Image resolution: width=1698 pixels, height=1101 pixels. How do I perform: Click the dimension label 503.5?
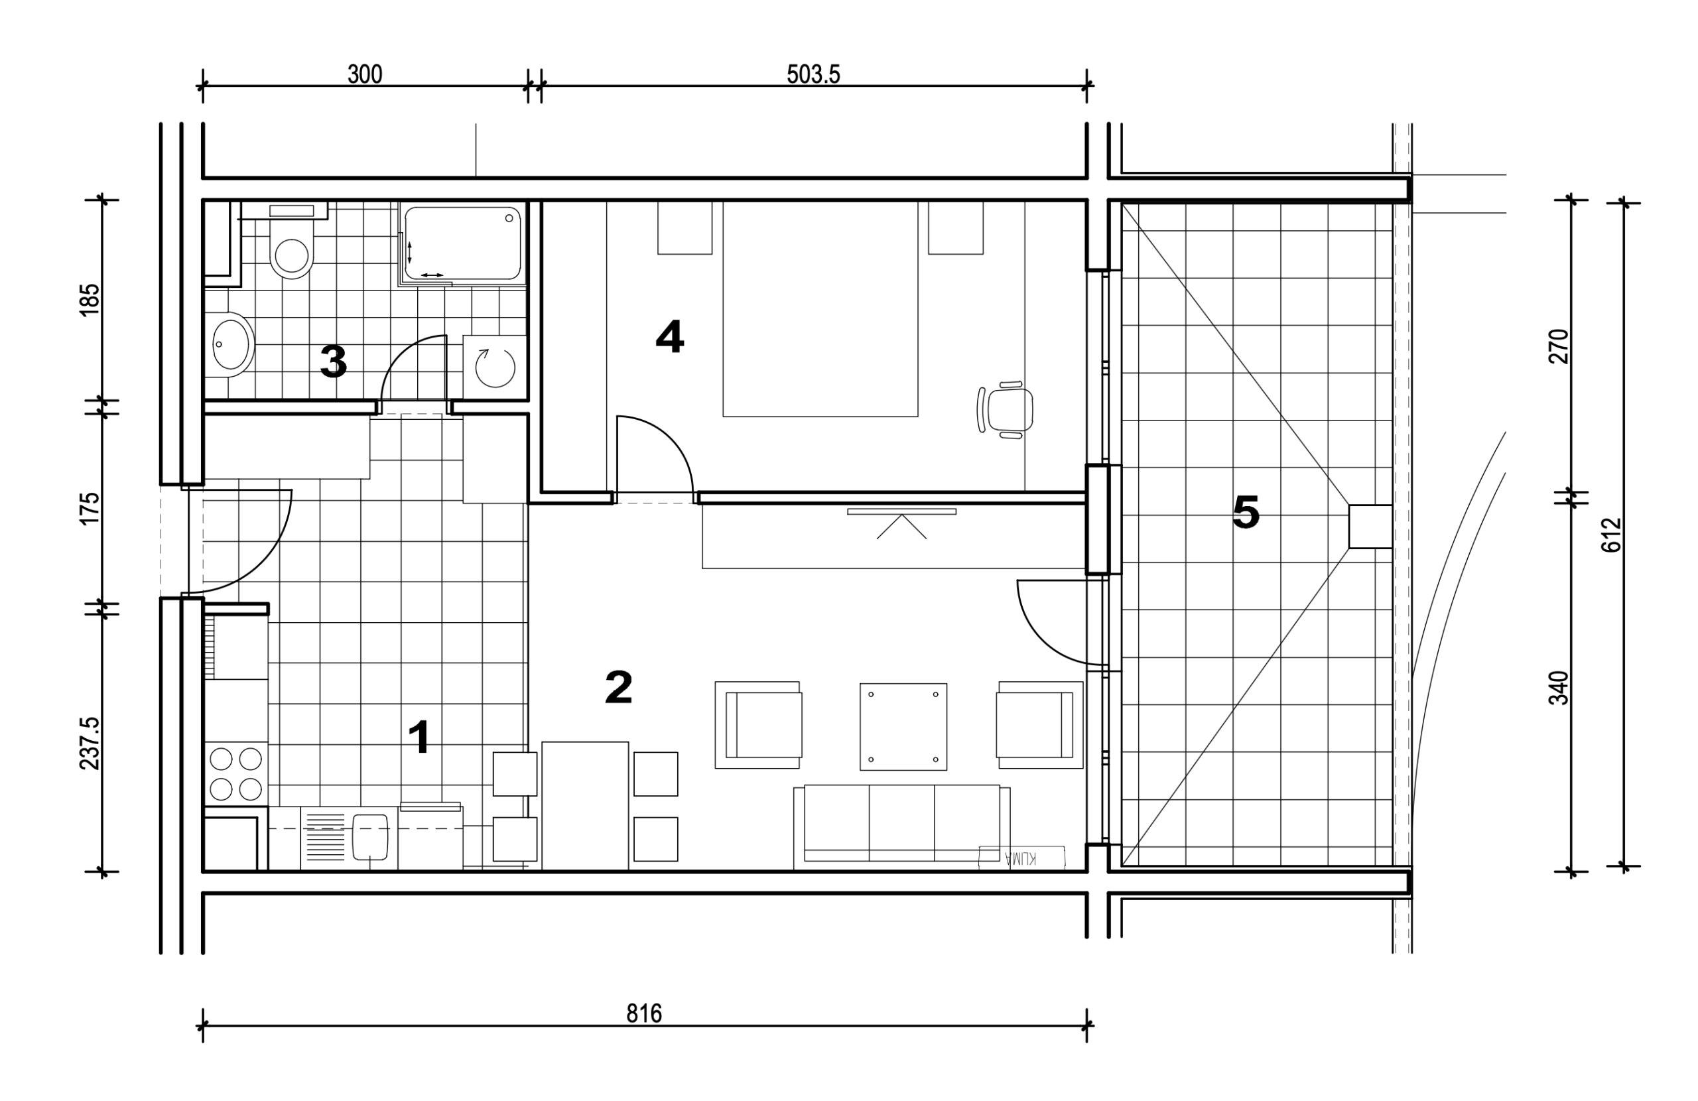(813, 74)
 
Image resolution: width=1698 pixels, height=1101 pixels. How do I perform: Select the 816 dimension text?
(644, 1013)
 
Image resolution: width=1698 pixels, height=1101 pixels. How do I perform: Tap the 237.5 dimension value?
(90, 744)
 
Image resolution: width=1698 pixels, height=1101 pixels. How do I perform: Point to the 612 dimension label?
(1611, 535)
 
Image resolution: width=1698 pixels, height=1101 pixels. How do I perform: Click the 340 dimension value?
(1559, 688)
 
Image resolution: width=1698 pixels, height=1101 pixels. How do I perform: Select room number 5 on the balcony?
(1246, 512)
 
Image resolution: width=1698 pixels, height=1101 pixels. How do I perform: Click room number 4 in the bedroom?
(669, 337)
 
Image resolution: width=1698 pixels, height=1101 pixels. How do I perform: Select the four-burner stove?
(236, 774)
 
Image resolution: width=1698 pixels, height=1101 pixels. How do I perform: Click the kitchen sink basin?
(370, 837)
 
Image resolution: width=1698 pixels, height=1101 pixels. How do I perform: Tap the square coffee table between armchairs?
(903, 726)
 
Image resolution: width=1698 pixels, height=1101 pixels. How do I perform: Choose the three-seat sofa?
(902, 827)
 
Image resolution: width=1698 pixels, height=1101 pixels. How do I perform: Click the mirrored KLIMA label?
(1021, 858)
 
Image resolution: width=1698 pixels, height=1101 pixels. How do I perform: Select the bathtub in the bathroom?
(462, 243)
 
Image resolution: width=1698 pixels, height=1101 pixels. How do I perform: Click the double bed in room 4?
(820, 309)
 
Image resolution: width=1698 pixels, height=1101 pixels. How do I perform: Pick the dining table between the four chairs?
(585, 806)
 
